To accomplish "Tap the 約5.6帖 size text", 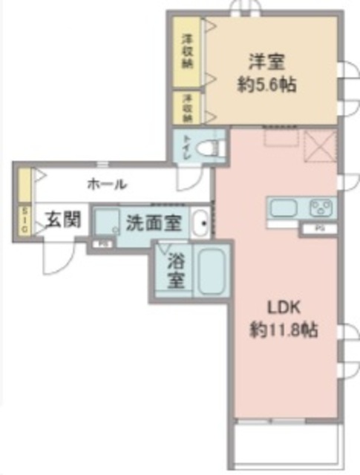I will pyautogui.click(x=267, y=85).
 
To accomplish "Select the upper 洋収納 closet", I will pyautogui.click(x=188, y=51).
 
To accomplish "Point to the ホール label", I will pyautogui.click(x=106, y=184).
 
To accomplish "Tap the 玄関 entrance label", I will pyautogui.click(x=61, y=220).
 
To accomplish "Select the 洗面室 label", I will pyautogui.click(x=151, y=221).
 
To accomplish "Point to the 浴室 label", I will pyautogui.click(x=175, y=272).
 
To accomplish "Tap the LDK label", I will pyautogui.click(x=283, y=306).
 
